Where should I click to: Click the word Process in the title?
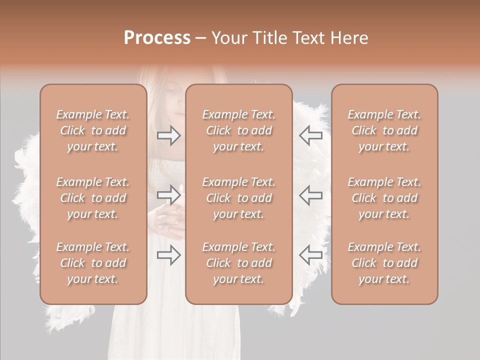pyautogui.click(x=157, y=38)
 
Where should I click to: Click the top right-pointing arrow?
pyautogui.click(x=168, y=135)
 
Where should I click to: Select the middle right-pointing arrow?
pyautogui.click(x=168, y=195)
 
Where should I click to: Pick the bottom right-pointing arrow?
pyautogui.click(x=168, y=255)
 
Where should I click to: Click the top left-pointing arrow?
pyautogui.click(x=310, y=135)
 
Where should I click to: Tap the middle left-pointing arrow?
pyautogui.click(x=310, y=195)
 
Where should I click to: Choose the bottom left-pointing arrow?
pyautogui.click(x=310, y=255)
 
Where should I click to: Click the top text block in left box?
pyautogui.click(x=93, y=130)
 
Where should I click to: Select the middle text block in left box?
pyautogui.click(x=93, y=198)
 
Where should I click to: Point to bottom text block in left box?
pyautogui.click(x=93, y=263)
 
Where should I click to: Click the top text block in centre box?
pyautogui.click(x=238, y=130)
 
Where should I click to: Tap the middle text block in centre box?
pyautogui.click(x=238, y=198)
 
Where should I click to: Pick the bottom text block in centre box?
pyautogui.click(x=238, y=263)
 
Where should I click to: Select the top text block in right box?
pyautogui.click(x=384, y=130)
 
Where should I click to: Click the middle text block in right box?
pyautogui.click(x=384, y=198)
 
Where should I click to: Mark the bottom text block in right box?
pyautogui.click(x=384, y=263)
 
